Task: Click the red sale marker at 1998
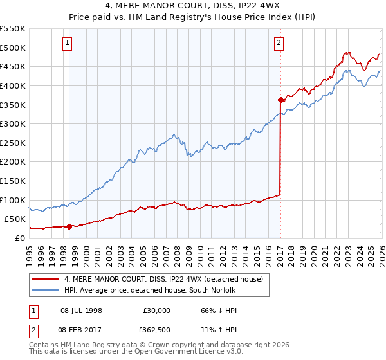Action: [69, 226]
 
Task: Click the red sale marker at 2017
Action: [280, 100]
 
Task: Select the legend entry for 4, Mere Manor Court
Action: [163, 279]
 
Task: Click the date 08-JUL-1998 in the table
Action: [81, 310]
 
